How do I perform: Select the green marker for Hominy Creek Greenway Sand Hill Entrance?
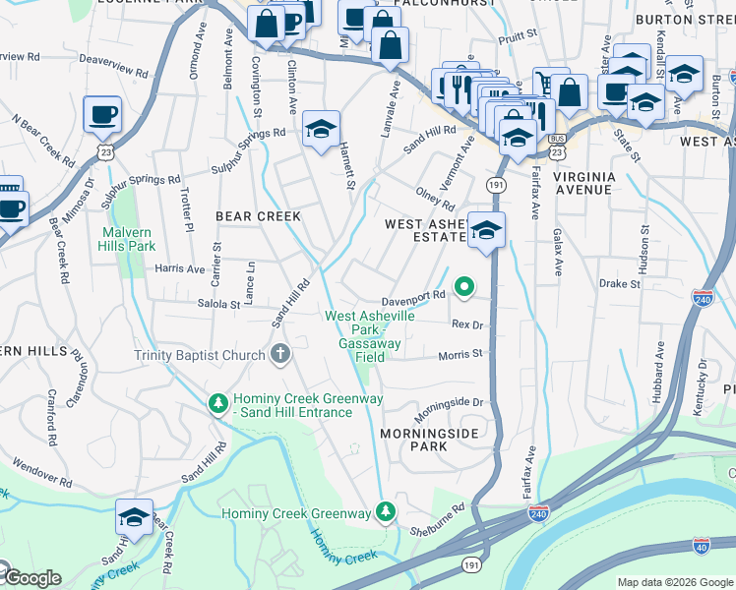click(x=217, y=402)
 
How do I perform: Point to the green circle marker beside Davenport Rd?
click(x=462, y=288)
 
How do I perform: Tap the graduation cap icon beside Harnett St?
click(x=321, y=130)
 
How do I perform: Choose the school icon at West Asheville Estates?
click(x=486, y=231)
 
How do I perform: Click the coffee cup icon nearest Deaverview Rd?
click(x=102, y=114)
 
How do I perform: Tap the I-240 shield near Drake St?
click(x=702, y=299)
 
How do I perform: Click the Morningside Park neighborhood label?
click(x=429, y=439)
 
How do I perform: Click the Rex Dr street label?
click(x=468, y=324)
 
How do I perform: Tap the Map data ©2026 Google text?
click(x=675, y=582)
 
